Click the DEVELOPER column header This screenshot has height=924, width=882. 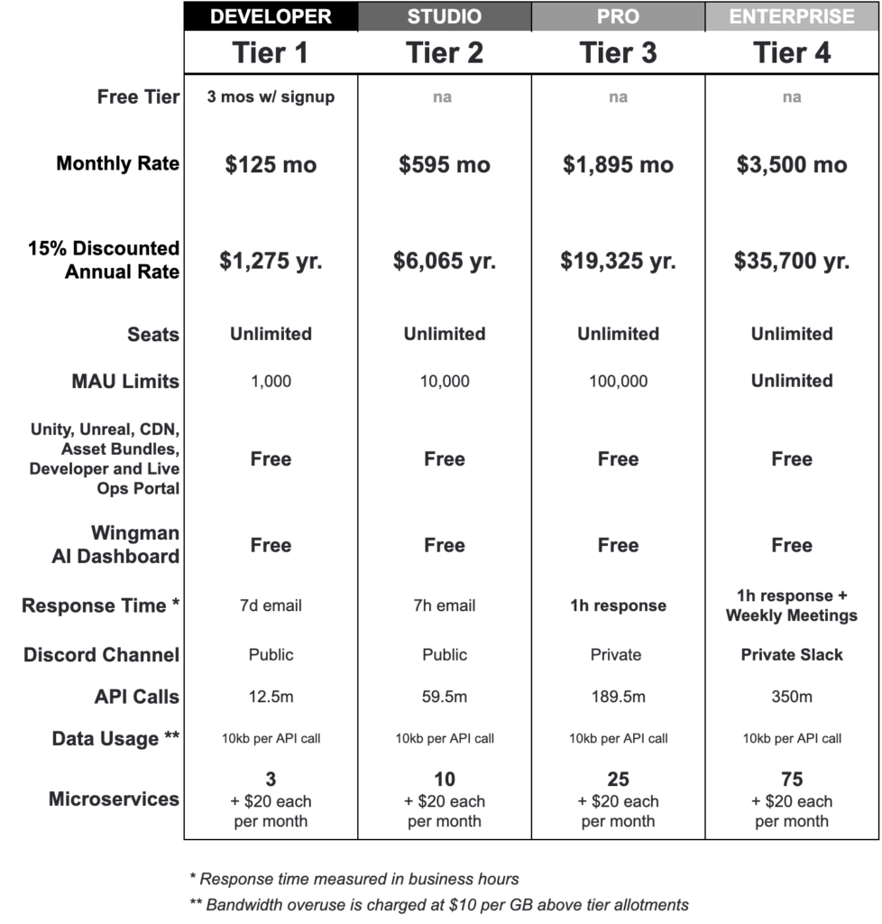(x=271, y=16)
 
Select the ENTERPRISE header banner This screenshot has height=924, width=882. (x=792, y=16)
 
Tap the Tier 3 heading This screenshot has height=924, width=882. (x=618, y=52)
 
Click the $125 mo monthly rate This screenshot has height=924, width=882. (x=271, y=165)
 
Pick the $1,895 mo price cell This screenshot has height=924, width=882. (x=618, y=165)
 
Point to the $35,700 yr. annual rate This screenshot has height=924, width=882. (x=792, y=262)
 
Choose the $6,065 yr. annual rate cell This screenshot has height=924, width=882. (x=445, y=262)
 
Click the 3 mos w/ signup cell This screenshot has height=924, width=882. (x=271, y=97)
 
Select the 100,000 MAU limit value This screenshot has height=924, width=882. (x=618, y=382)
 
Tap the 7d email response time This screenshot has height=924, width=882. (x=271, y=605)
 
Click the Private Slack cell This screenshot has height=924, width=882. (x=792, y=655)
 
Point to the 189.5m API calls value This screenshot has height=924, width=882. (x=618, y=697)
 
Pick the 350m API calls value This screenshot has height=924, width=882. (x=792, y=697)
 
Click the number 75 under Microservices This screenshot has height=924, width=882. (x=792, y=780)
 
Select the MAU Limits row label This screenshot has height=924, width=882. (x=125, y=382)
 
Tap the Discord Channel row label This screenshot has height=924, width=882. (x=101, y=655)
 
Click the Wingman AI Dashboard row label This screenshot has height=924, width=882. (x=115, y=545)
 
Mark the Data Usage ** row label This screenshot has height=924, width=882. (x=115, y=738)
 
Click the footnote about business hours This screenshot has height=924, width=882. (x=354, y=879)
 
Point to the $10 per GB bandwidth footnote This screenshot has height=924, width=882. (x=439, y=905)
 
